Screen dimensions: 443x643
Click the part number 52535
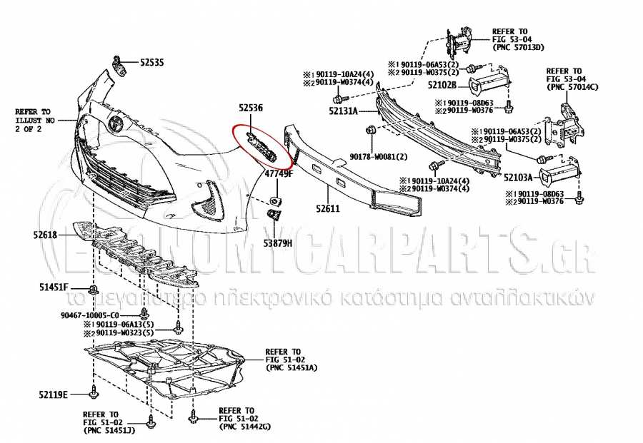click(151, 63)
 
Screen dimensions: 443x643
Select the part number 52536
click(251, 108)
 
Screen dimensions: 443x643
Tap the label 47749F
click(279, 173)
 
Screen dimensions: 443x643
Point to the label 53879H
click(279, 243)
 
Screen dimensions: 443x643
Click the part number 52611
click(328, 209)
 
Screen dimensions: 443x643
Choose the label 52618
click(44, 234)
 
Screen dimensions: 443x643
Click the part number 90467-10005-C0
click(91, 315)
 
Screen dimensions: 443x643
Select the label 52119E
click(54, 394)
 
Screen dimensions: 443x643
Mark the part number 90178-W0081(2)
click(379, 157)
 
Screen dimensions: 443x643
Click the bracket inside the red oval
click(259, 146)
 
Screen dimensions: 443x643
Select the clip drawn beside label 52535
click(121, 66)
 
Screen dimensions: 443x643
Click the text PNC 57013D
click(519, 48)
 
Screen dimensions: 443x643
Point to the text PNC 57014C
click(572, 87)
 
